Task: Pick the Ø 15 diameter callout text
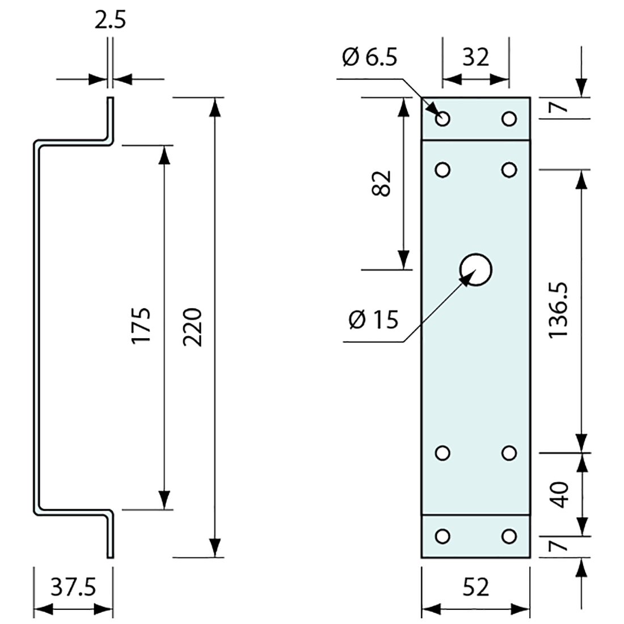pos(374,321)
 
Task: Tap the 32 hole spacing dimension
pos(475,57)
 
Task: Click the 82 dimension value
pos(383,183)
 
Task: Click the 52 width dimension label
pos(475,587)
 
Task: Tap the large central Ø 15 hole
pos(476,269)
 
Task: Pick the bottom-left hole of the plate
pos(443,536)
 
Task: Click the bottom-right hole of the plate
pos(509,536)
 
